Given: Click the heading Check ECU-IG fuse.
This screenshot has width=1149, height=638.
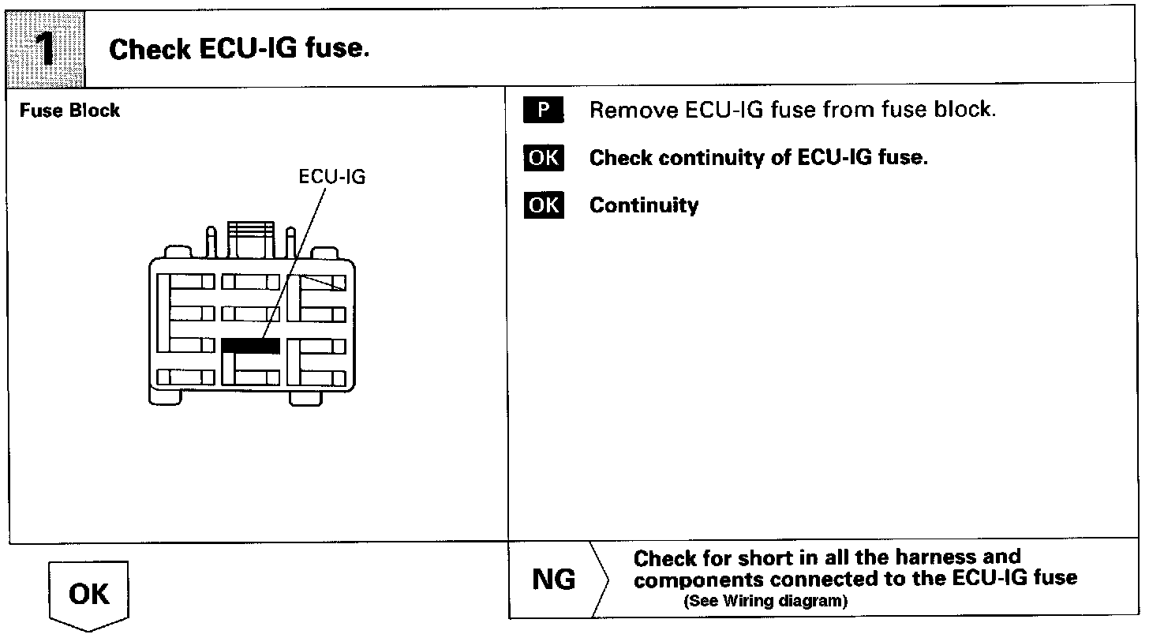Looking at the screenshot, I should [239, 50].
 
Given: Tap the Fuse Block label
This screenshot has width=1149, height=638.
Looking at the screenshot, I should [69, 111].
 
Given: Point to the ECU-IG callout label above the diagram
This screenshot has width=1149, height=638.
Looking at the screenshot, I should [331, 177].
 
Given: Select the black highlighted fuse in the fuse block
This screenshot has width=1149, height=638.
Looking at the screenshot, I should [250, 345].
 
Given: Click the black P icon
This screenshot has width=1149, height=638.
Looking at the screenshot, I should [543, 111].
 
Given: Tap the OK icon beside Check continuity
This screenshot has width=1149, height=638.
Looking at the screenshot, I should [543, 158].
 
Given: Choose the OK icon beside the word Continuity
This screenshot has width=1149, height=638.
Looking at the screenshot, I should [543, 205].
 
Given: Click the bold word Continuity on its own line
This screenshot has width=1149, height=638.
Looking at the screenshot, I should [644, 205].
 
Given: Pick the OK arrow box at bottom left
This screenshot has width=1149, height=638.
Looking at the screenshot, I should [89, 595].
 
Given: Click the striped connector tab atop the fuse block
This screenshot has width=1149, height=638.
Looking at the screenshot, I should [250, 237].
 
